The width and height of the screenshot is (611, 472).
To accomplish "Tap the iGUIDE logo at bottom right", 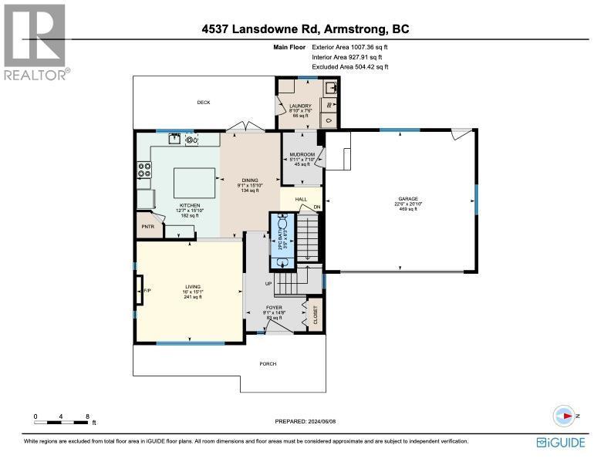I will click(562, 442).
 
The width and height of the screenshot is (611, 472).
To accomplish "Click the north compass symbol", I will click(565, 416).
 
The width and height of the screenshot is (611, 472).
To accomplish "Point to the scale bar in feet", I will click(62, 421).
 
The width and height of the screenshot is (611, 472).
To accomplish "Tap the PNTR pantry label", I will click(147, 228).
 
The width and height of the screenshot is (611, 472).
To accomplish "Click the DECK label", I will click(203, 103).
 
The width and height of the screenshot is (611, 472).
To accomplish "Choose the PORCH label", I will click(268, 363).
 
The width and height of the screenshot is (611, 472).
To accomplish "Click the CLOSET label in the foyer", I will click(316, 315).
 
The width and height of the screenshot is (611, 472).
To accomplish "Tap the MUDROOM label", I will click(300, 154).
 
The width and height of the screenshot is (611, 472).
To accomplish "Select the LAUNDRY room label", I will click(299, 106).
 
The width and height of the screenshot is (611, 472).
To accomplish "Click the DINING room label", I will click(250, 180).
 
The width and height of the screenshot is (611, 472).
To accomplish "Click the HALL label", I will click(301, 199).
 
